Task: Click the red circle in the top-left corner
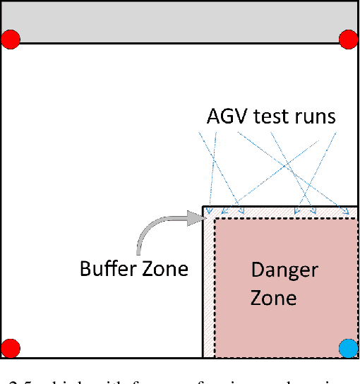pyautogui.click(x=11, y=40)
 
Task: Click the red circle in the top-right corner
pyautogui.click(x=349, y=40)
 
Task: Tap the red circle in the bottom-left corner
pyautogui.click(x=11, y=348)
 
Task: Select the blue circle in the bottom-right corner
pyautogui.click(x=349, y=348)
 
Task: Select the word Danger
pyautogui.click(x=284, y=270)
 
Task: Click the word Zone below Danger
pyautogui.click(x=273, y=297)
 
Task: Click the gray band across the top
pyautogui.click(x=180, y=21)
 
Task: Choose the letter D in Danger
pyautogui.click(x=258, y=270)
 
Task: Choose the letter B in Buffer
pyautogui.click(x=85, y=269)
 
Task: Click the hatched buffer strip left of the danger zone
pyautogui.click(x=208, y=289)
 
